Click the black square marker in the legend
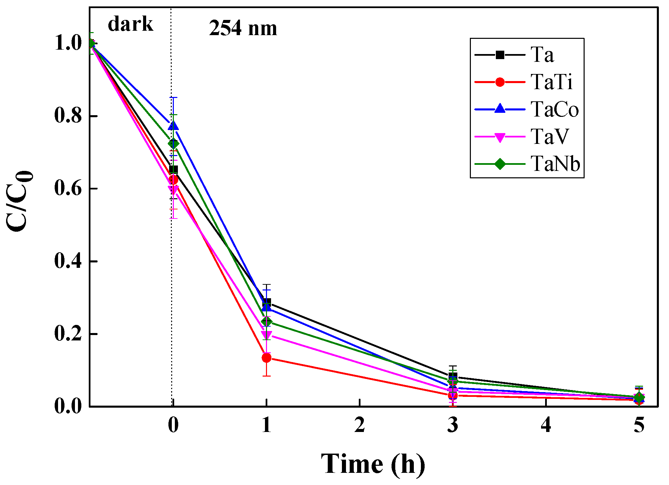500,55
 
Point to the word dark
130,24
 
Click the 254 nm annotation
243,28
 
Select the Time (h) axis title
373,464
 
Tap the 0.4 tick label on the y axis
68,261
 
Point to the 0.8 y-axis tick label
68,116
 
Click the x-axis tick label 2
359,425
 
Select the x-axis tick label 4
546,425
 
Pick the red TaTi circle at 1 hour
266,358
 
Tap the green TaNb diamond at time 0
173,144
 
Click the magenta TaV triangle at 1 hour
266,335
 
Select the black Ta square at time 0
173,170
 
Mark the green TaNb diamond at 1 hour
266,321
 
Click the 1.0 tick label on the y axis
68,43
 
